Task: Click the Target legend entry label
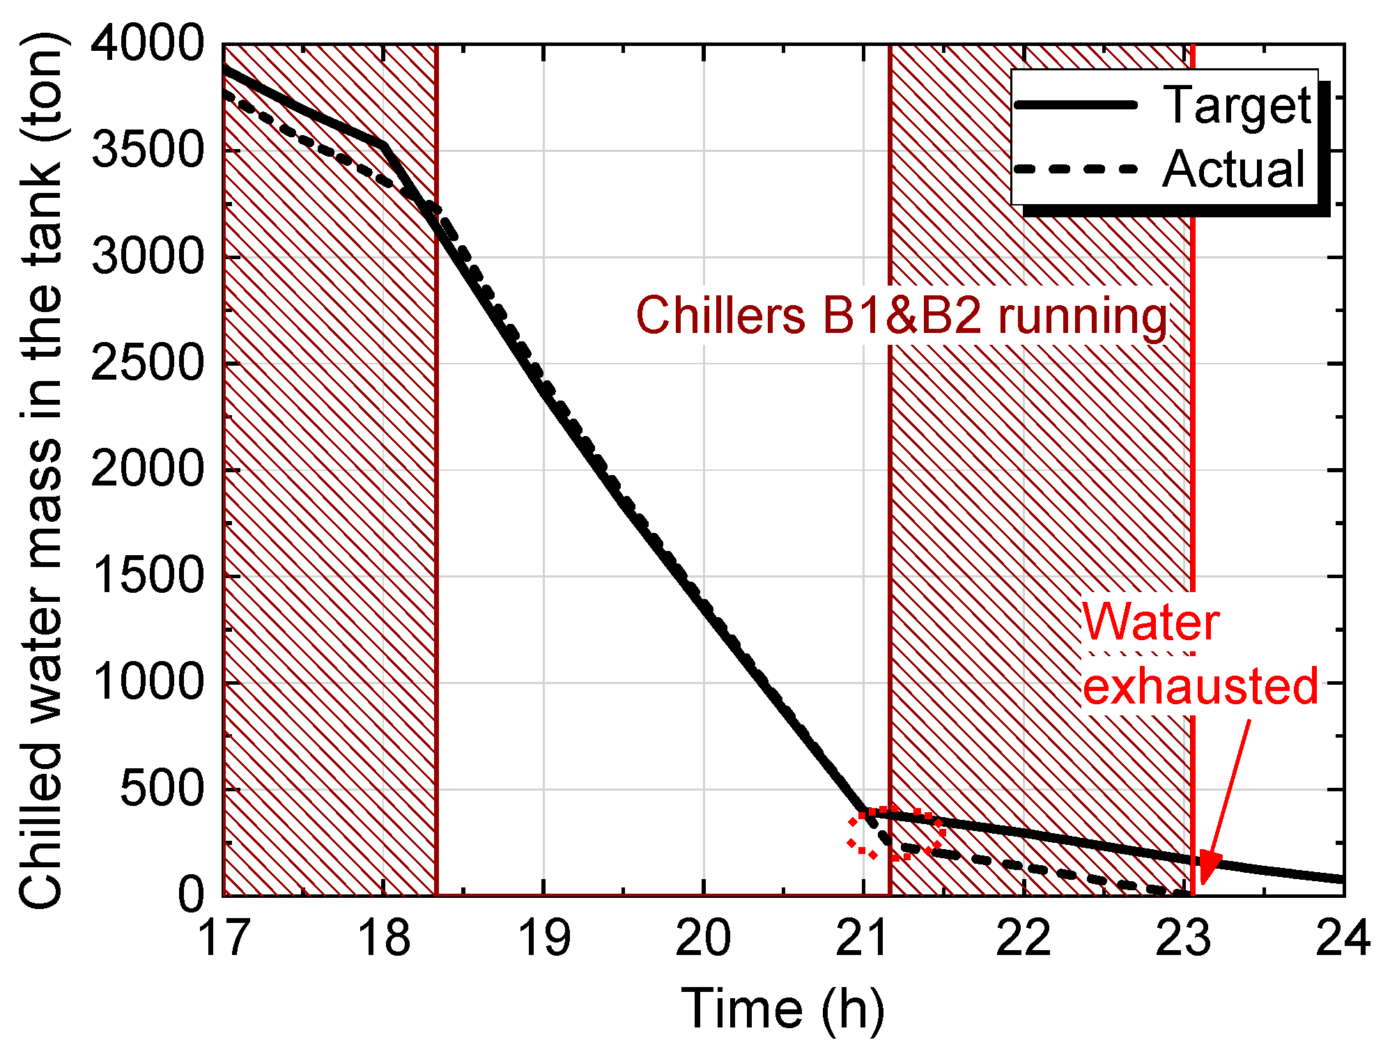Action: click(1237, 106)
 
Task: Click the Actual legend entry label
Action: click(1233, 169)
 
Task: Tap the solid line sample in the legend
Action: click(1076, 105)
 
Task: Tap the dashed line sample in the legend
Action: click(1076, 169)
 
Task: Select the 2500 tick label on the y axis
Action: click(146, 363)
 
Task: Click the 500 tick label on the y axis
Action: click(161, 789)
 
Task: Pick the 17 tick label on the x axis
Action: click(224, 938)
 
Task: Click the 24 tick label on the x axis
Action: click(1342, 938)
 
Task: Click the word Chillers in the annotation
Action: click(720, 316)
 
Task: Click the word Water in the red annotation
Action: click(1150, 622)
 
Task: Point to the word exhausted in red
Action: click(1200, 686)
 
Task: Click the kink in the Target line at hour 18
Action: click(385, 146)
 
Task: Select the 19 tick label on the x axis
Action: click(543, 938)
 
